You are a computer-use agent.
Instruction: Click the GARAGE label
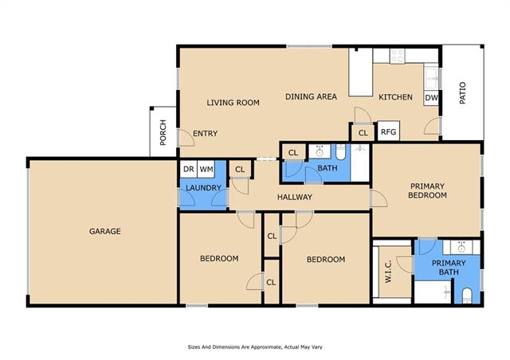coord(104,231)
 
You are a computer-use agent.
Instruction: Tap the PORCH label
coord(163,132)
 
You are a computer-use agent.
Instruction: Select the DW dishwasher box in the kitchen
coord(431,97)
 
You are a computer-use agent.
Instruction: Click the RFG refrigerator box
coord(388,131)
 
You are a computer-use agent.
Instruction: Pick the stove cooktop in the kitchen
coord(397,56)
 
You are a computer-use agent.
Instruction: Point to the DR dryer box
coord(189,169)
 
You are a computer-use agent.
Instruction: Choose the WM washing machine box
coord(206,169)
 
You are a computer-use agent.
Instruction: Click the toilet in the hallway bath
coord(340,152)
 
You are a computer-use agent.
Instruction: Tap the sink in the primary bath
coord(461,248)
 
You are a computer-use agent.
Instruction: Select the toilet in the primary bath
coord(467,295)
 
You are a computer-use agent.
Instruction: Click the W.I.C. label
coord(388,272)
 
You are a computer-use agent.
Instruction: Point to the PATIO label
coord(462,93)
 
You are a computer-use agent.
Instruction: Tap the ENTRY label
coord(206,133)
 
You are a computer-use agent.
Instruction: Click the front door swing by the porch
coord(187,138)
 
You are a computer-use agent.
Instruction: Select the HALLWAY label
coord(295,197)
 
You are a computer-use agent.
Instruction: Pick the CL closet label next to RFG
coord(363,133)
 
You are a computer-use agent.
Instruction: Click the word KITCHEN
coord(395,97)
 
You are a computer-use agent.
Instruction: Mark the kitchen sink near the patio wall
coord(432,78)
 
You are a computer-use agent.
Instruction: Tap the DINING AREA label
coord(311,96)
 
